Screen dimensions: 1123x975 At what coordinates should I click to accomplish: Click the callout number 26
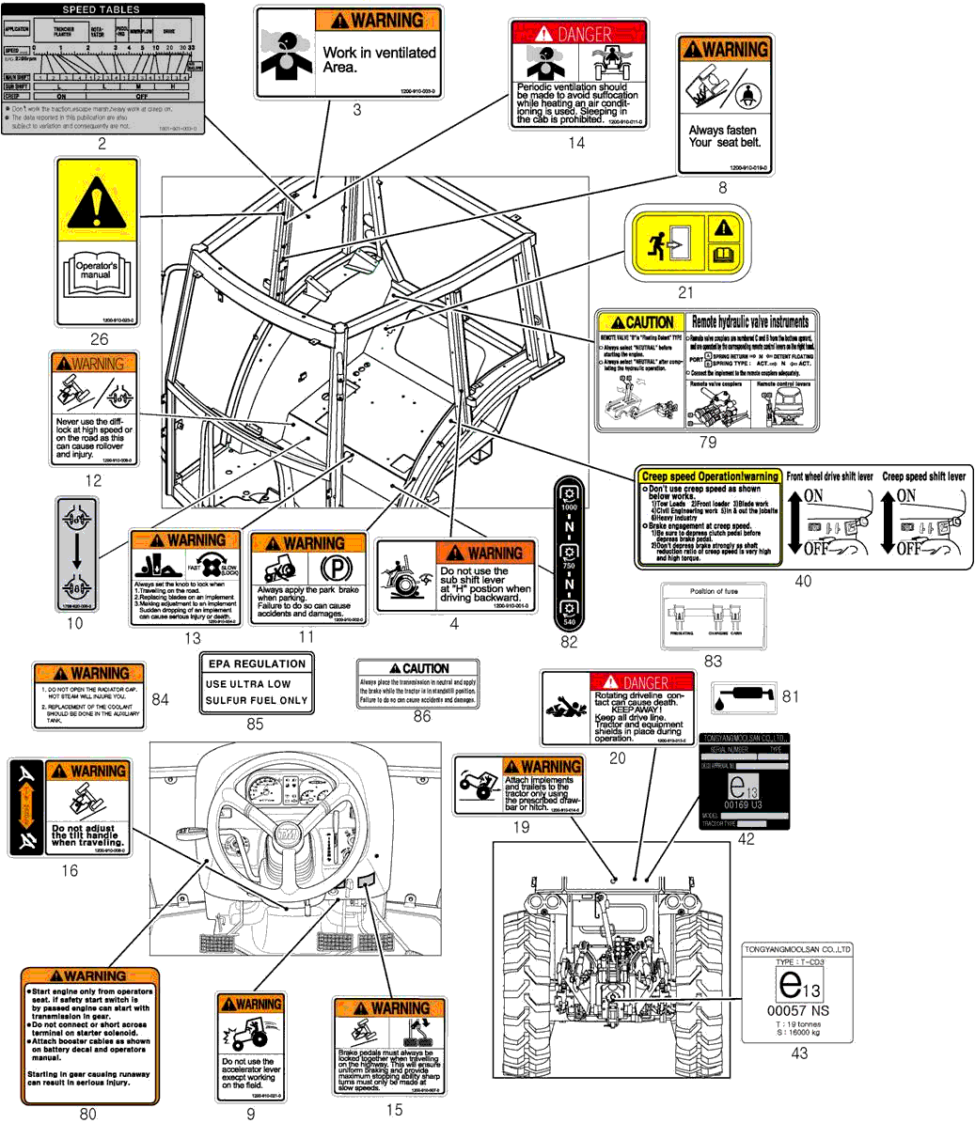(99, 339)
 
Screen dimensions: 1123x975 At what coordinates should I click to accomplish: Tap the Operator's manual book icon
(97, 273)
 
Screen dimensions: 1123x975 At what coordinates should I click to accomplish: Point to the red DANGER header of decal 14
(577, 33)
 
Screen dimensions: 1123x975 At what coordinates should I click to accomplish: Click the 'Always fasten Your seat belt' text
(724, 136)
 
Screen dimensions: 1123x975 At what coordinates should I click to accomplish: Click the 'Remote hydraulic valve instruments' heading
(749, 322)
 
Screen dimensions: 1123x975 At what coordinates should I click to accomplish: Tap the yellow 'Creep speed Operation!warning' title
(710, 476)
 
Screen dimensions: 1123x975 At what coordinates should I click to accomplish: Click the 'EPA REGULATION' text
(257, 663)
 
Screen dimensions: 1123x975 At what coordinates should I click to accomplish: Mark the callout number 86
(422, 716)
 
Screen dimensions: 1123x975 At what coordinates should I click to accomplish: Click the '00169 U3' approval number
(745, 805)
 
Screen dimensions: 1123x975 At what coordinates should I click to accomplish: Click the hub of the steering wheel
(286, 831)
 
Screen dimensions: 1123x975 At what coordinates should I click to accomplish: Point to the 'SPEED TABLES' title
(101, 9)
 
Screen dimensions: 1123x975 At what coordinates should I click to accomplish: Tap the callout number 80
(87, 1115)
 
